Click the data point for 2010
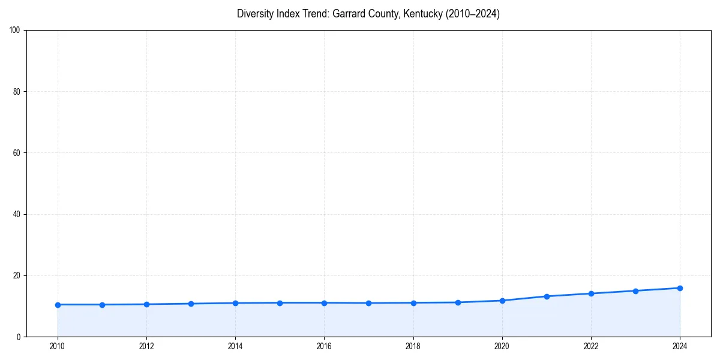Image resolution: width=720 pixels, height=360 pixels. (58, 305)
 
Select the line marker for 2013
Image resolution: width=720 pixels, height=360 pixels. (191, 304)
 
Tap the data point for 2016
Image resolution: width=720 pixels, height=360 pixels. (324, 303)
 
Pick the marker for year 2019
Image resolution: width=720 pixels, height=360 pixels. (458, 302)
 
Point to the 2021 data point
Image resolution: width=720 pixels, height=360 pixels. (547, 296)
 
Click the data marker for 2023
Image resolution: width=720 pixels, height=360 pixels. (635, 291)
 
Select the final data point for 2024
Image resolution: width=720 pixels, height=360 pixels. (680, 288)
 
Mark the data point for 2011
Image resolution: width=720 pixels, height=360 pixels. (102, 305)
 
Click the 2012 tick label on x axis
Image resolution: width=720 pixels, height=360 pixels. (146, 346)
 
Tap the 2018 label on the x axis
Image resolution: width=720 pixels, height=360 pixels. (413, 346)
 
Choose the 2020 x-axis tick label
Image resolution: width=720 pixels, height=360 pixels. (502, 346)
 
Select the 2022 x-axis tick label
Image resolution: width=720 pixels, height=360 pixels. (591, 346)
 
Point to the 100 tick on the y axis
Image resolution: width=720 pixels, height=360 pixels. (15, 31)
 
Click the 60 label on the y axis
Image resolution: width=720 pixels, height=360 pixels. (17, 153)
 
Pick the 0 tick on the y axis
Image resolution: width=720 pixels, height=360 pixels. (19, 337)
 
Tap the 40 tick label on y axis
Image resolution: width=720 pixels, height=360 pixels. (17, 214)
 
